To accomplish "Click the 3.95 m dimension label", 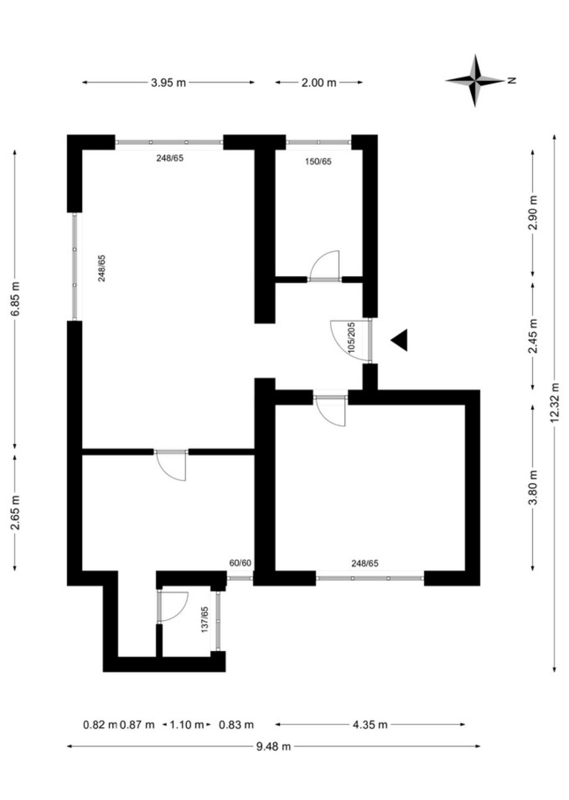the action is (x=168, y=82).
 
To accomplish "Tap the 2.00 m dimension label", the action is (x=319, y=82).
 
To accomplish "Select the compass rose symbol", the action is (x=475, y=80).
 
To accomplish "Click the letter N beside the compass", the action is (x=512, y=80).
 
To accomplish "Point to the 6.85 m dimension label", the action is (x=16, y=299).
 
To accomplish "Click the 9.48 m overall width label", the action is (x=274, y=746).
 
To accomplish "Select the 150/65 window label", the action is (x=318, y=162).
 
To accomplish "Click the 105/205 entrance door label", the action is (x=351, y=338).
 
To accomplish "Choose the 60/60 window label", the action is (x=240, y=563).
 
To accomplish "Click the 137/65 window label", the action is (x=205, y=620).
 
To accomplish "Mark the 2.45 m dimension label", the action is (x=534, y=336).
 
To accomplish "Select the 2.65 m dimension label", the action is (x=16, y=512).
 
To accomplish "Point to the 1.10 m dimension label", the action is (x=187, y=725).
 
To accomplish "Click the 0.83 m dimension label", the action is (x=236, y=725).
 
